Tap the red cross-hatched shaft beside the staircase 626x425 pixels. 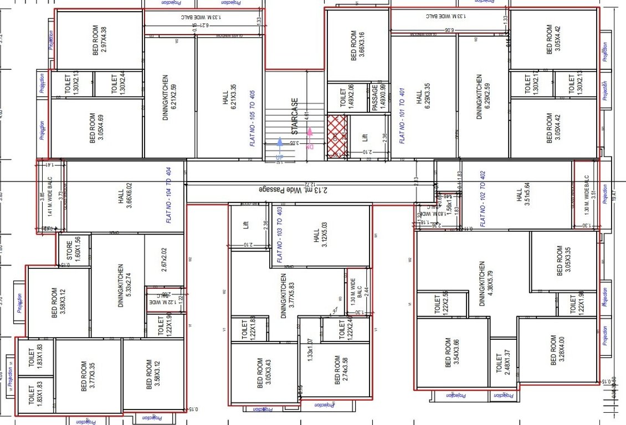click(337, 136)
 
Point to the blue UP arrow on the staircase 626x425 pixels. click(279, 147)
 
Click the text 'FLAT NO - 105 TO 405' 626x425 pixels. click(254, 117)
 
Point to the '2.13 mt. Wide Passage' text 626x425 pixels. click(298, 190)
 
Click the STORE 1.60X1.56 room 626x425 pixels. click(74, 250)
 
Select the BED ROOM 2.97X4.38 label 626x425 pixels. click(100, 39)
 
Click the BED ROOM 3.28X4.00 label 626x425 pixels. click(557, 350)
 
